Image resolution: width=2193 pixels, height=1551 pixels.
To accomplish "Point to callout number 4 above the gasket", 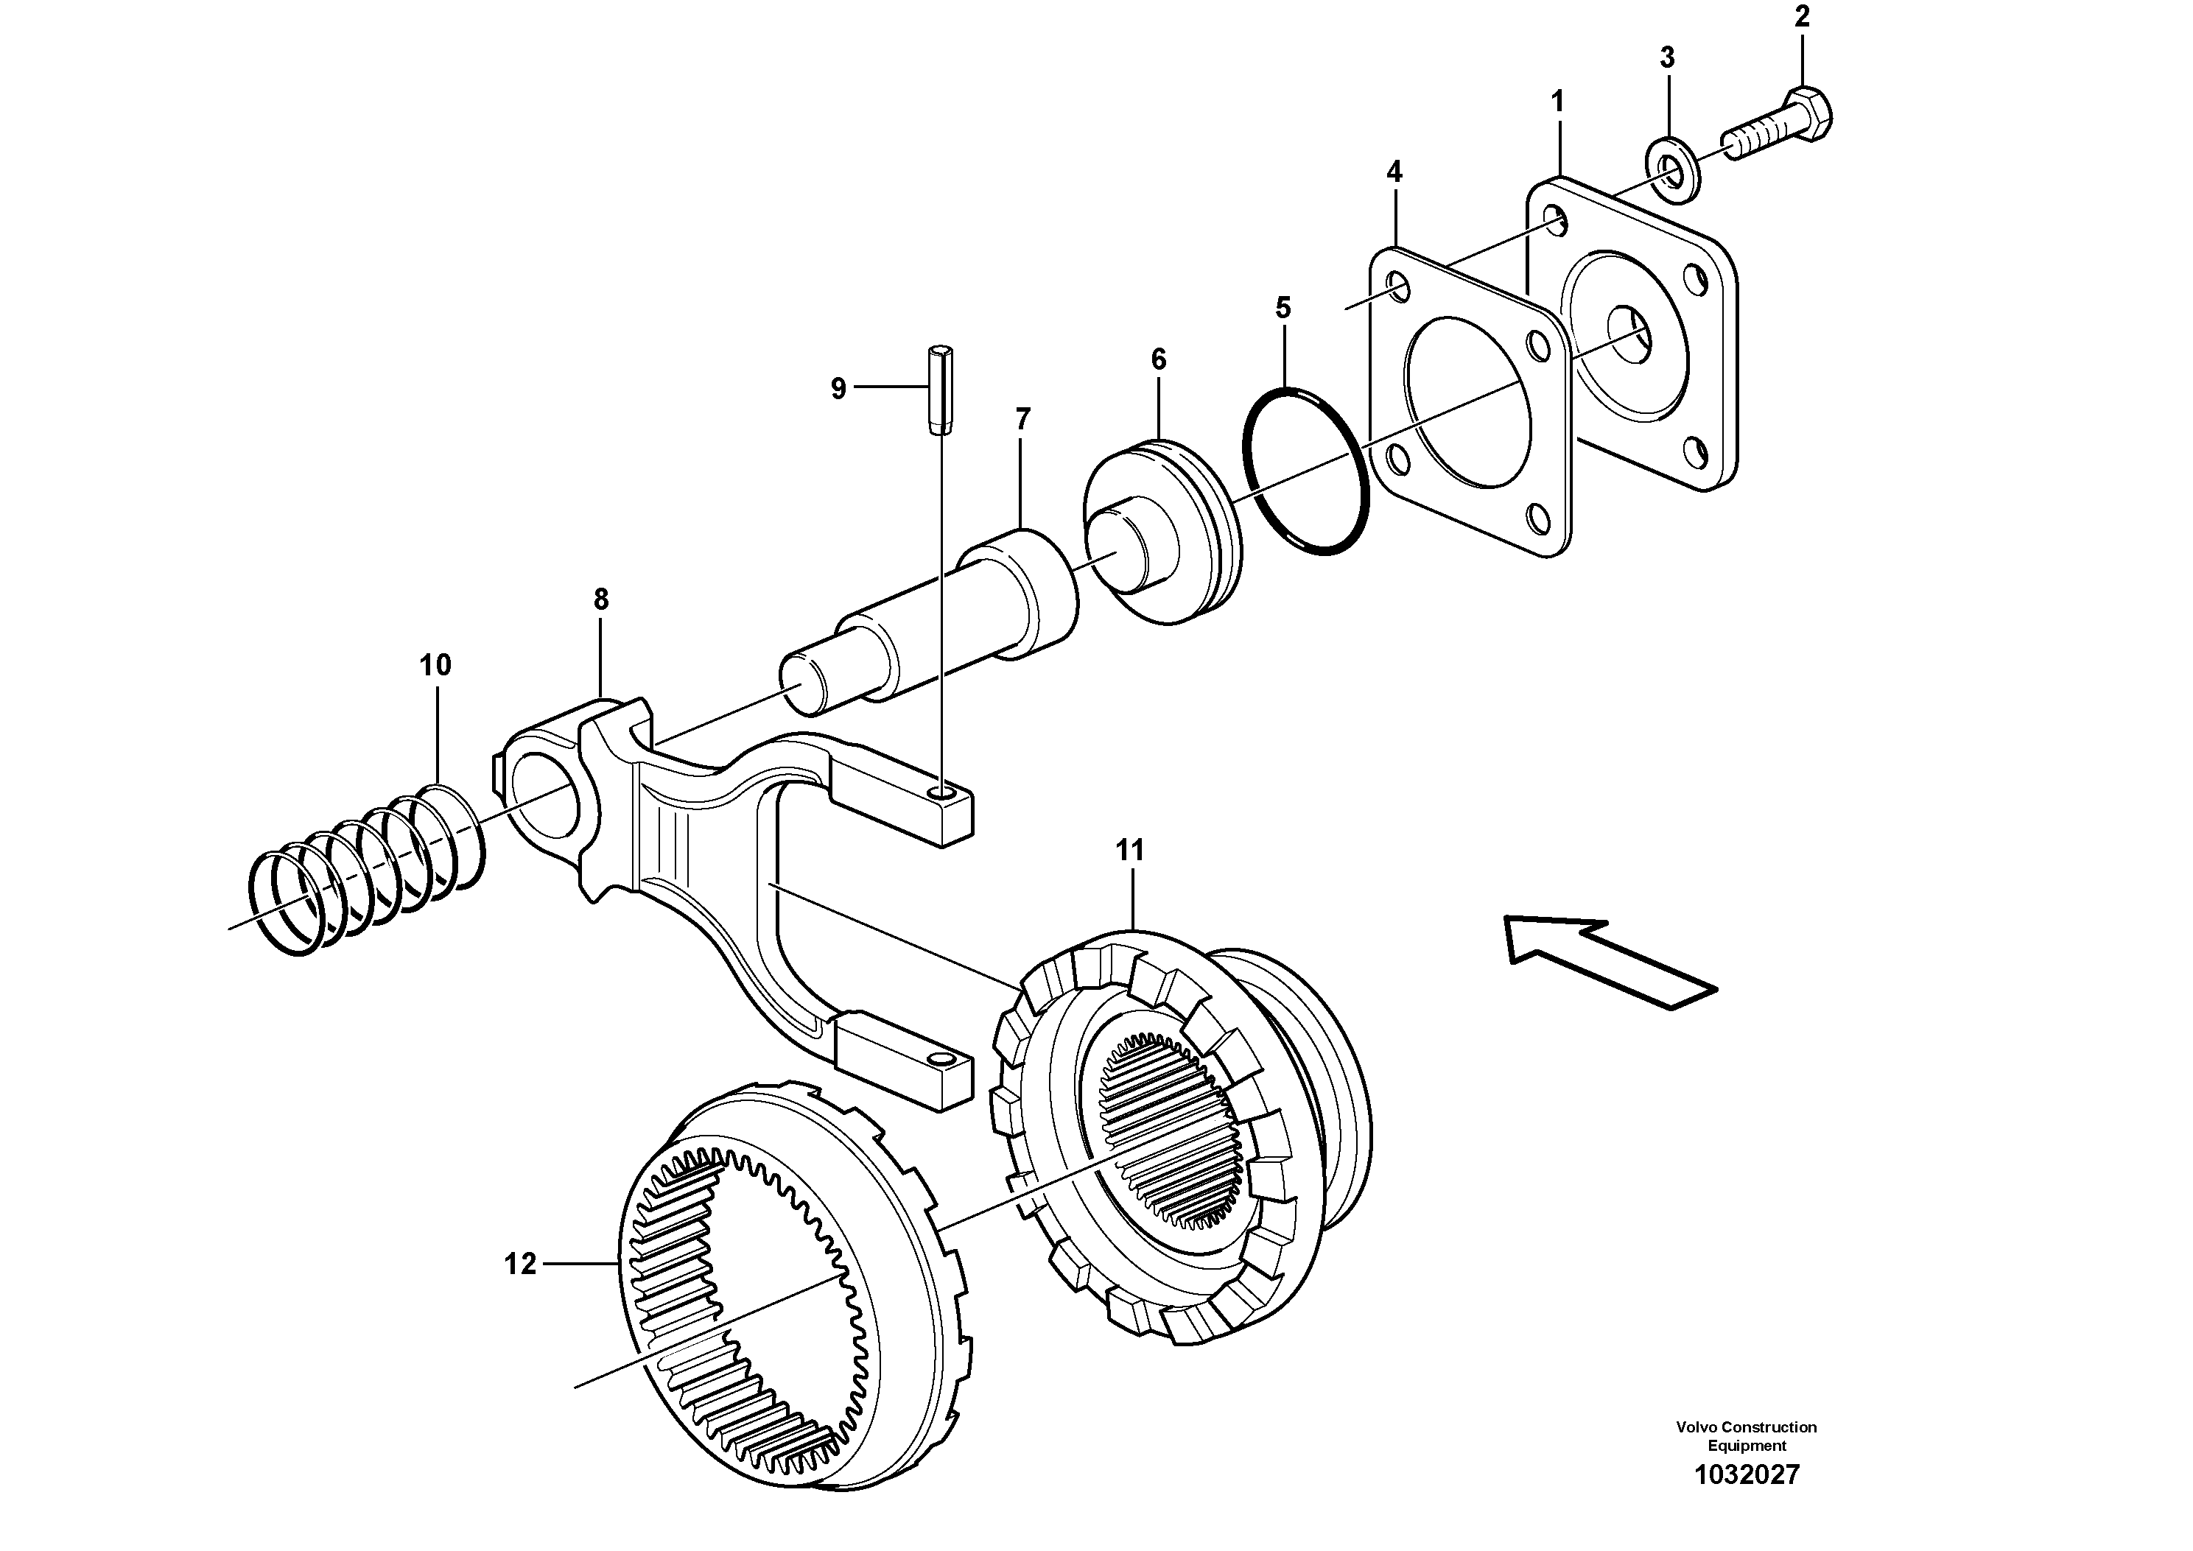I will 1394,173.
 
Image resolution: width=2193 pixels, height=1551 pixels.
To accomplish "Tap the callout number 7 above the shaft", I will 1023,419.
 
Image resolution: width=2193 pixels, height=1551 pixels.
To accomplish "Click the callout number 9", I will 838,389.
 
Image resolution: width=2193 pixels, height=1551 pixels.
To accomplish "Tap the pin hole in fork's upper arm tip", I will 946,792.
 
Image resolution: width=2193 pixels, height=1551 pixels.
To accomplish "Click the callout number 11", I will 1130,850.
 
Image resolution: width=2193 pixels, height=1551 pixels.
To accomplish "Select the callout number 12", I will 521,1265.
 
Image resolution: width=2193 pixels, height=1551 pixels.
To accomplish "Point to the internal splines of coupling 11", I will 1170,1133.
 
